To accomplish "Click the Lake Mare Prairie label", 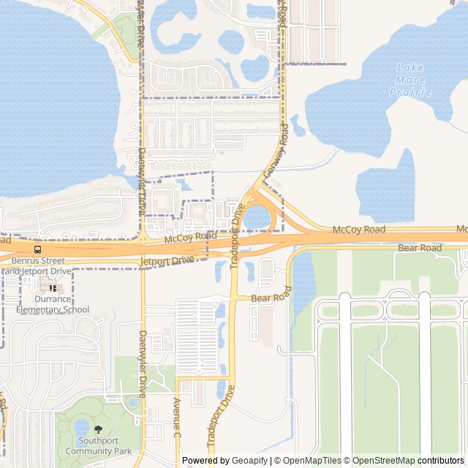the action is pos(410,80).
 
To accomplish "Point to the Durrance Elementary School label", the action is pos(52,304).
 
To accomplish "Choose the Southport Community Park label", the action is pos(99,447).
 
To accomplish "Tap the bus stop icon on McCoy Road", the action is pos(37,249).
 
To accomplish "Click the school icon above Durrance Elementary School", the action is pos(52,288).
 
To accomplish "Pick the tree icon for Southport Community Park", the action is pos(98,430).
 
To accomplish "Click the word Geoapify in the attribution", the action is pos(251,461).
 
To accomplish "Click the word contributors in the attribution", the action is pos(440,461).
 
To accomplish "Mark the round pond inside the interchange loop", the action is pos(256,217).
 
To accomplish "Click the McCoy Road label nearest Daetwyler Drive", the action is pos(190,237).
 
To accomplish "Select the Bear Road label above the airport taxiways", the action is pos(420,249).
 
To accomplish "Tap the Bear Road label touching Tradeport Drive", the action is pos(271,298).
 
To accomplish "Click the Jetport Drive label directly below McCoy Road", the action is pos(168,260).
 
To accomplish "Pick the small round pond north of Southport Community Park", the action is pos(132,401).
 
